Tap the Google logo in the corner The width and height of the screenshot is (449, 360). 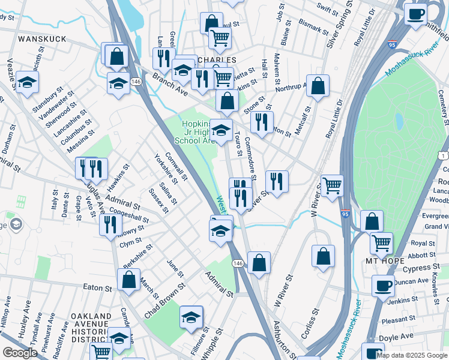[20, 353]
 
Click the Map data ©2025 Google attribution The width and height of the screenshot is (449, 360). [412, 355]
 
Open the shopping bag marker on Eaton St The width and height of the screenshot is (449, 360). [129, 280]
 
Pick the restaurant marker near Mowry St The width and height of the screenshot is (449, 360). [110, 225]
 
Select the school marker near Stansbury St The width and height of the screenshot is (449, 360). [27, 82]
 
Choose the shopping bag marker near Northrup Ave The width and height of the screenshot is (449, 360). [318, 86]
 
